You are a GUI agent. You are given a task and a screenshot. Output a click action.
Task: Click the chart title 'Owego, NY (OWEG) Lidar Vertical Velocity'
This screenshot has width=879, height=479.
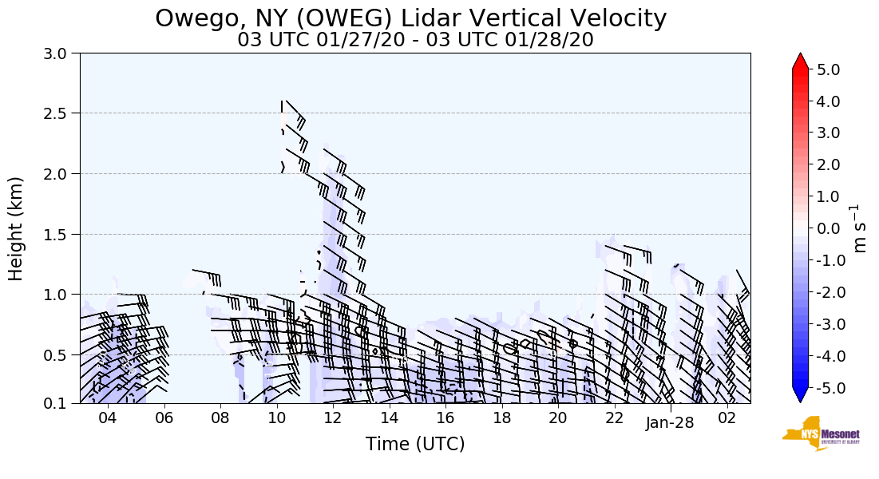click(x=410, y=18)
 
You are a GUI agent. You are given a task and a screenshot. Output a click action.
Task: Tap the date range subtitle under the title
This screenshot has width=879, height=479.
click(x=415, y=40)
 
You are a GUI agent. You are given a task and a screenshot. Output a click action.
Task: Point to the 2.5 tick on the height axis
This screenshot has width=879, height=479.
click(x=61, y=113)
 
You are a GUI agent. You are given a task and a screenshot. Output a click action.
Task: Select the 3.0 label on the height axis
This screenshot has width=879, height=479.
click(x=61, y=53)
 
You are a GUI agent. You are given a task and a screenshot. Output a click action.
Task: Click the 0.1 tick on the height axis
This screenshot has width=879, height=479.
click(x=61, y=403)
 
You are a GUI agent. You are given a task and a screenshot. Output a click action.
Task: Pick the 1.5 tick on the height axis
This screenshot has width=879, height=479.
click(x=61, y=234)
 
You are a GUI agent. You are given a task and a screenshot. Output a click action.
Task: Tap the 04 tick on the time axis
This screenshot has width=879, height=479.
click(x=108, y=417)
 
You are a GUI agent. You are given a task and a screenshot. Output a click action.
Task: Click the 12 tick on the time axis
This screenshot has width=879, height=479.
click(x=332, y=417)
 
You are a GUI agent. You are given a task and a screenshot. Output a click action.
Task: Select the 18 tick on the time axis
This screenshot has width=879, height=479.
click(x=501, y=417)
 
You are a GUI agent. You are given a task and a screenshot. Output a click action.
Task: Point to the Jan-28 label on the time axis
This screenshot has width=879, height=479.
click(x=670, y=423)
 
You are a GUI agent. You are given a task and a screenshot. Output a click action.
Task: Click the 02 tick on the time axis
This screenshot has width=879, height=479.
click(x=727, y=417)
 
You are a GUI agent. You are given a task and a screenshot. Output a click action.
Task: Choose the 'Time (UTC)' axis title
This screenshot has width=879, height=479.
click(x=415, y=444)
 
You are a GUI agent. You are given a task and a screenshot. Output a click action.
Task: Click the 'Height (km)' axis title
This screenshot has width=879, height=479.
click(x=17, y=228)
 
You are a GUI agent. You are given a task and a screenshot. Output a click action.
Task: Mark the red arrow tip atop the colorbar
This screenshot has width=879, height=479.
click(x=801, y=60)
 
